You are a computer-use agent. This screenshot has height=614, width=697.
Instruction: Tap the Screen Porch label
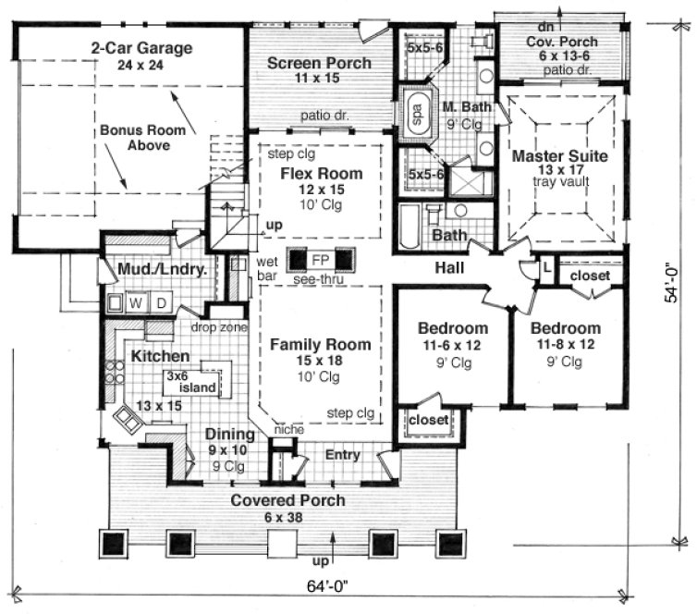pyautogui.click(x=319, y=64)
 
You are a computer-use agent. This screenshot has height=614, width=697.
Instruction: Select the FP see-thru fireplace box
pyautogui.click(x=320, y=258)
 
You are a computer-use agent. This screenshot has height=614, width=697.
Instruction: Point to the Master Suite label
pyautogui.click(x=559, y=156)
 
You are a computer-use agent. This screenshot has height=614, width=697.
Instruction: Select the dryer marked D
pyautogui.click(x=161, y=302)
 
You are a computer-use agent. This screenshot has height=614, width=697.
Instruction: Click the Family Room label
pyautogui.click(x=320, y=345)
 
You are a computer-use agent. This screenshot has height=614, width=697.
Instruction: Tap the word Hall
pyautogui.click(x=447, y=268)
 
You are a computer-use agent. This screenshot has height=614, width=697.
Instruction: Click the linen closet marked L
pyautogui.click(x=546, y=265)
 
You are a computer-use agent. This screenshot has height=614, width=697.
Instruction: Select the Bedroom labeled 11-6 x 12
pyautogui.click(x=452, y=328)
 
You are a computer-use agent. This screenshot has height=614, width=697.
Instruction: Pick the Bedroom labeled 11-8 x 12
pyautogui.click(x=565, y=328)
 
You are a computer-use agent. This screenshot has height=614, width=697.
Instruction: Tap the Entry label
pyautogui.click(x=342, y=455)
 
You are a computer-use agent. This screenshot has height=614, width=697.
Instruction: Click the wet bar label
pyautogui.click(x=267, y=268)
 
